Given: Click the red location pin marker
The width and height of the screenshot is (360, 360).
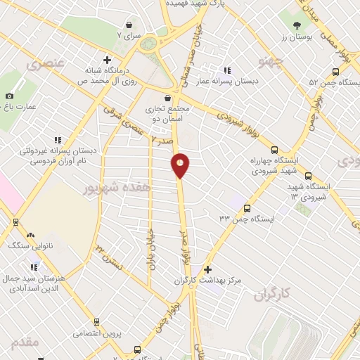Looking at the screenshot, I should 181,165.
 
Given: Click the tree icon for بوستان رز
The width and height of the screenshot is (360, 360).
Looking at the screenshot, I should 299,25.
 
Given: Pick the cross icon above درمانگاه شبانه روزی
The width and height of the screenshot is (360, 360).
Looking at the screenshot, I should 107,60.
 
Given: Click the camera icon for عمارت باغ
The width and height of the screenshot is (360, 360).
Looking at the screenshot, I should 9,96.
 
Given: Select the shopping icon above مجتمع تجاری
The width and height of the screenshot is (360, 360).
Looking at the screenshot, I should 167,98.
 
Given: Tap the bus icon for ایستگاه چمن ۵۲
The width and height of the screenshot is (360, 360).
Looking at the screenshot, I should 336,72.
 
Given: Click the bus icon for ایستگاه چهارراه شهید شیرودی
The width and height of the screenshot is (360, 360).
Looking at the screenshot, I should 274,149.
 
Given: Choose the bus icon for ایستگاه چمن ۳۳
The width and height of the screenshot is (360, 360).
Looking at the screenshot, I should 247,207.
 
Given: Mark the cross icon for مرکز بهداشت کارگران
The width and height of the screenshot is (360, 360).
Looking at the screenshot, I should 207,269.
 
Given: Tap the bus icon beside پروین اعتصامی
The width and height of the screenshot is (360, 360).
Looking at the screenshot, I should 137,349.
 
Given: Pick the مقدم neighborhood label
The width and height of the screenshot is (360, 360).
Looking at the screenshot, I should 25,342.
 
